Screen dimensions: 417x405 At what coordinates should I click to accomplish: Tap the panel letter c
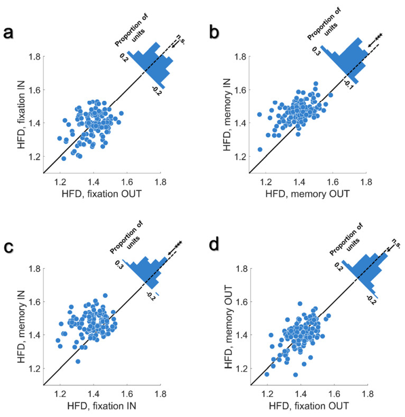tap(9, 247)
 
